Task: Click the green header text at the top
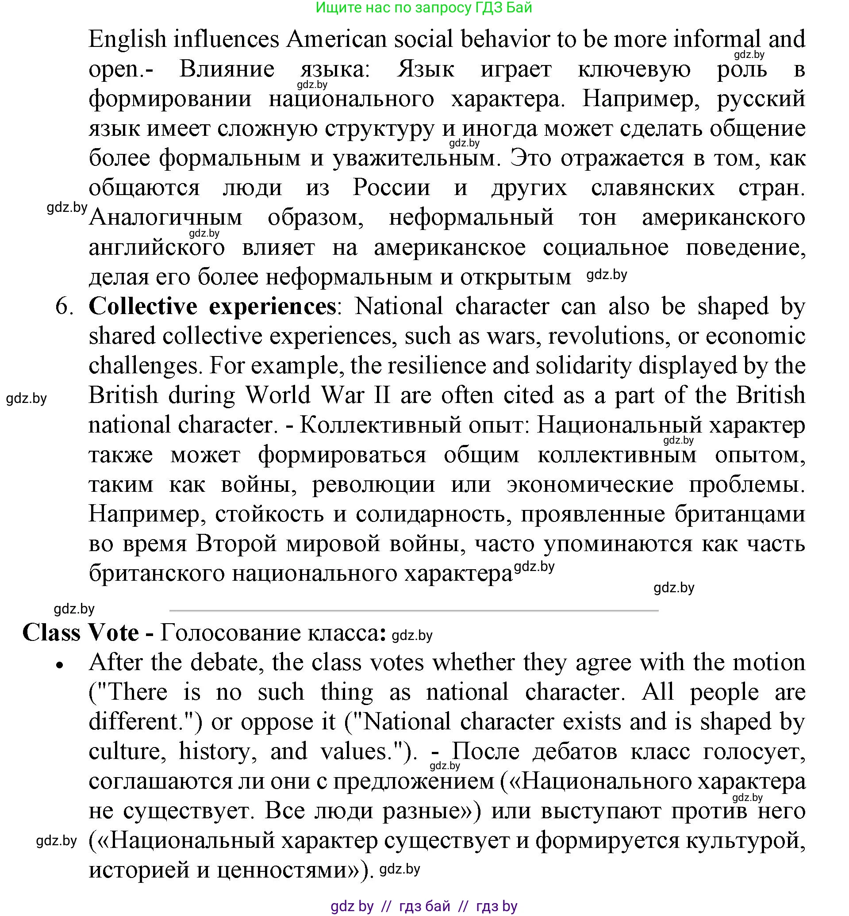[423, 8]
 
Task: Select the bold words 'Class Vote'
[81, 633]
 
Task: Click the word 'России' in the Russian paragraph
[392, 188]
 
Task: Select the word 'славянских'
[653, 188]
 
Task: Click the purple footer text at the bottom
[423, 906]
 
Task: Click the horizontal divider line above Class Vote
[414, 610]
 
